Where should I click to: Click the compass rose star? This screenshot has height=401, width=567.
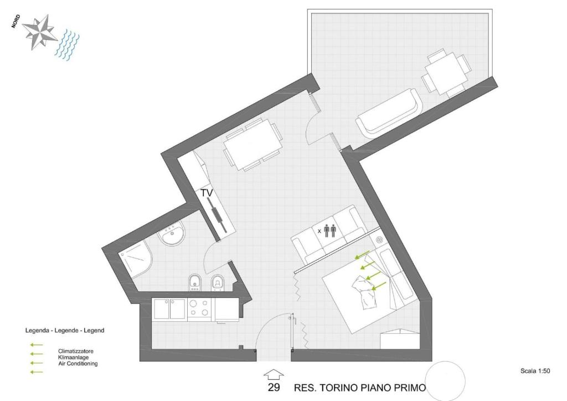tap(39, 32)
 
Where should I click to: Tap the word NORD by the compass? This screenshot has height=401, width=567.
tap(16, 22)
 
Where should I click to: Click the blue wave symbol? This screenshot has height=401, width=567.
tap(67, 45)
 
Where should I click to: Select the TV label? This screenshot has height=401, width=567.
tap(207, 193)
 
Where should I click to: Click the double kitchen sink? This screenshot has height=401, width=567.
tap(170, 309)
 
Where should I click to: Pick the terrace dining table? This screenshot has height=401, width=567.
tap(446, 74)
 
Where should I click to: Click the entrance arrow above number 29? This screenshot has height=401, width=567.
tap(274, 374)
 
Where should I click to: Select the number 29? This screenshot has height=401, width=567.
tap(274, 388)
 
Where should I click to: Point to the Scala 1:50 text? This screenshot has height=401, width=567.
tap(535, 371)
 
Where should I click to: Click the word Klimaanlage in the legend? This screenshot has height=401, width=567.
tap(74, 358)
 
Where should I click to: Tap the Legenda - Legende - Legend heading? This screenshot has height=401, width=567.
tap(65, 331)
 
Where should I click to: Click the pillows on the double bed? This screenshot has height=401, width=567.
tap(364, 292)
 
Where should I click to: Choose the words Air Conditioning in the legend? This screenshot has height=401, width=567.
tap(78, 364)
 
